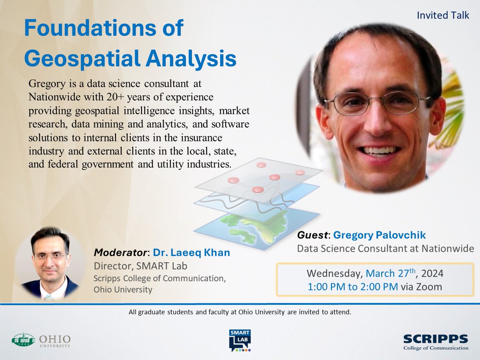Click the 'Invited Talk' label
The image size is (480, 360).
pos(443,15)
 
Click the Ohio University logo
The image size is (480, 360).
pos(41,340)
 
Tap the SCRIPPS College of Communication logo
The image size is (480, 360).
pos(435,342)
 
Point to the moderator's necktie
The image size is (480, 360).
pos(48,296)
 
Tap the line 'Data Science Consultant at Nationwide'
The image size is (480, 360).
pos(385,248)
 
